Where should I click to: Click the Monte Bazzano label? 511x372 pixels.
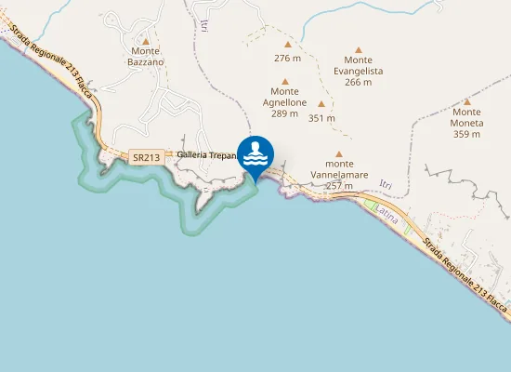tap(147, 56)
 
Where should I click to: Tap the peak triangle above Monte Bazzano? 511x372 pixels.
tap(146, 41)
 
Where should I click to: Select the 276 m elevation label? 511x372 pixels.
tap(288, 58)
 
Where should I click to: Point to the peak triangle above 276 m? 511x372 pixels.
tap(288, 44)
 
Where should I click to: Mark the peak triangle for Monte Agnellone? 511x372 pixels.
tap(284, 80)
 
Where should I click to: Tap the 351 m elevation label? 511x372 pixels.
tap(321, 118)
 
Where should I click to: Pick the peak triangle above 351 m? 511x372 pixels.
tap(321, 104)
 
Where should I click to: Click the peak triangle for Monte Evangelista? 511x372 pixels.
tap(358, 49)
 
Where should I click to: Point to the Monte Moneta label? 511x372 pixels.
tap(467, 117)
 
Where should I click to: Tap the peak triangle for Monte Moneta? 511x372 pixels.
tap(467, 101)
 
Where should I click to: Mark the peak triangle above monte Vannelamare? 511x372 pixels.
tap(339, 154)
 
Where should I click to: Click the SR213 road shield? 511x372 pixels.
tap(147, 157)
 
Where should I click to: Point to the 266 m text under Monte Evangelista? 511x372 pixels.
tap(358, 82)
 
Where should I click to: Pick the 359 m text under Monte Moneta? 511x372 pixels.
tap(467, 134)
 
